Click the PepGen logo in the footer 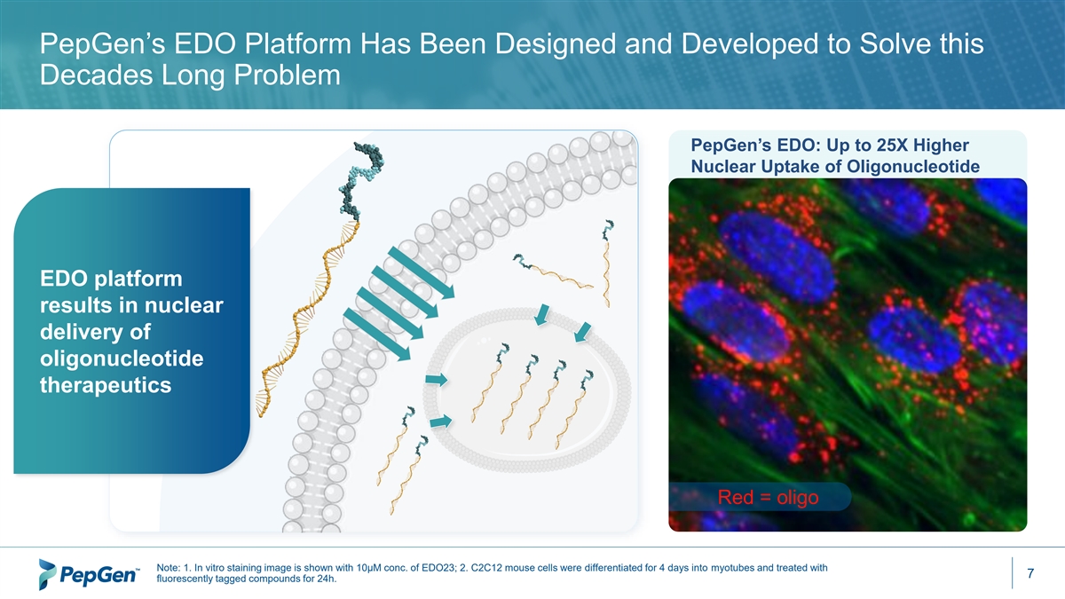coord(89,574)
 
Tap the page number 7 coord(1030,573)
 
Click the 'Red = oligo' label coord(768,497)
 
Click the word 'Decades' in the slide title coord(96,75)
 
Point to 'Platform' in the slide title coord(297,43)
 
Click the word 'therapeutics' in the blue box coord(106,385)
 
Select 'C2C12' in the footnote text coord(485,568)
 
